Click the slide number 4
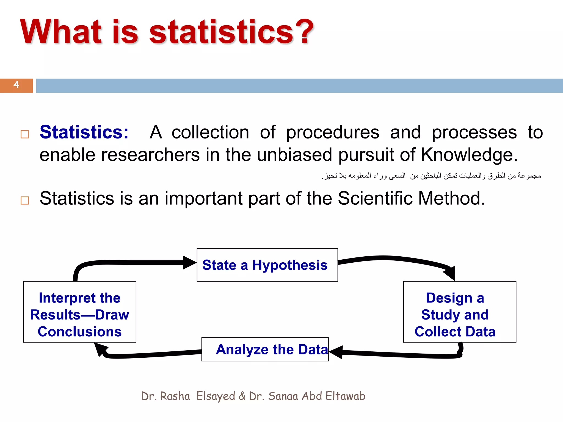(x=16, y=85)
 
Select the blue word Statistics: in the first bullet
(x=84, y=132)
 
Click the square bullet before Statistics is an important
(x=25, y=200)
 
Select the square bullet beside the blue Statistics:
(x=25, y=134)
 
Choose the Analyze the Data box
(x=265, y=349)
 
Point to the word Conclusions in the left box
(x=80, y=332)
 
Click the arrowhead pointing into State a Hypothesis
(x=189, y=263)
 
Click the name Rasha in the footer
(x=175, y=396)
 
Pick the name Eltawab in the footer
(x=345, y=396)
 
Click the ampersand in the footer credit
(x=242, y=396)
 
